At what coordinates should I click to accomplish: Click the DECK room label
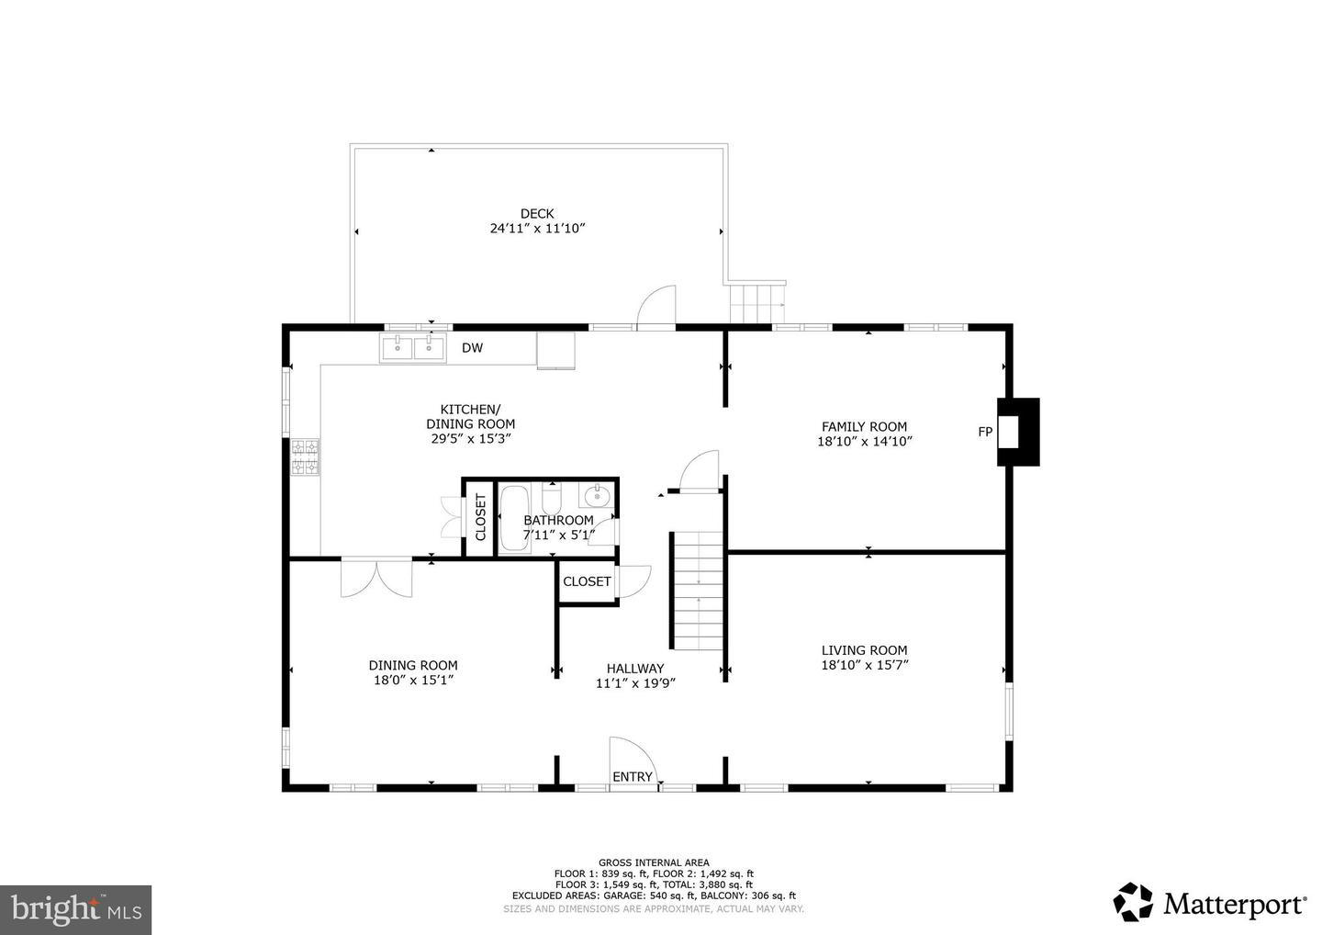[537, 214]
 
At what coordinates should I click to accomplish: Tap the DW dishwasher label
[472, 348]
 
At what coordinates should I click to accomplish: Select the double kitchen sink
[412, 348]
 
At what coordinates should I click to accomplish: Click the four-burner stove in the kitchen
[306, 456]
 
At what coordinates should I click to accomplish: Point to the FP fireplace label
[985, 432]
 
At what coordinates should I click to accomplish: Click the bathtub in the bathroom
[515, 520]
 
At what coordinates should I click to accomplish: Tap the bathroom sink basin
[598, 496]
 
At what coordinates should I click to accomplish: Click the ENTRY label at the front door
[632, 777]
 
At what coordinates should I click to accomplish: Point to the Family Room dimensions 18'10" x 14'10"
[865, 442]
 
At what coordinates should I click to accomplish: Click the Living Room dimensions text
[865, 665]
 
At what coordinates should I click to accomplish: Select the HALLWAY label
[635, 669]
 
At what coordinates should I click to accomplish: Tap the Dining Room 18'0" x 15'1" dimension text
[413, 680]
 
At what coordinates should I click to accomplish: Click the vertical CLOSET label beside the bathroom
[480, 518]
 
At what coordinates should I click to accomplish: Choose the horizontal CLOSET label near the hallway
[587, 581]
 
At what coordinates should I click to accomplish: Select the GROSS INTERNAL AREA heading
[654, 863]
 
